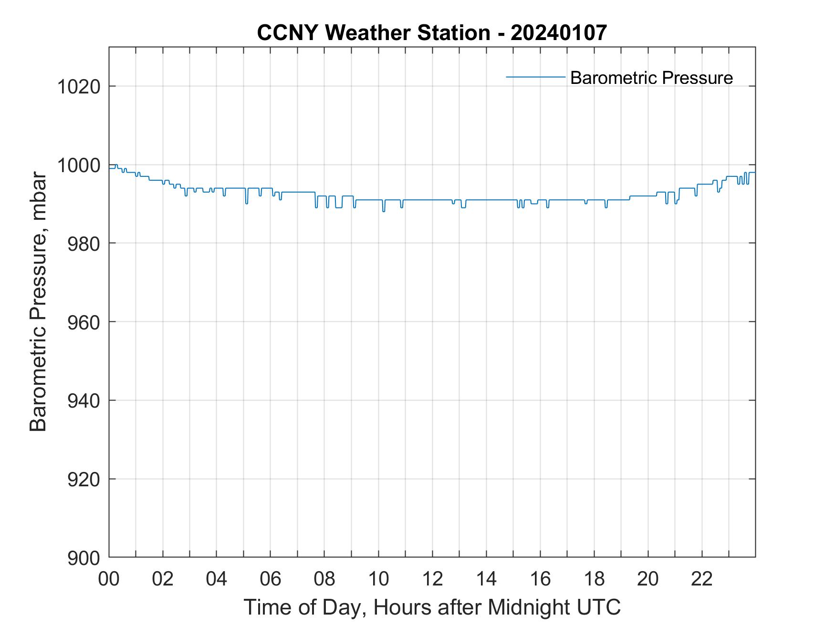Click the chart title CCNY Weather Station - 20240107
432,32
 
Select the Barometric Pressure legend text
651,78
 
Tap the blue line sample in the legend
535,76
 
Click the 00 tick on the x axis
109,579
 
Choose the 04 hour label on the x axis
217,579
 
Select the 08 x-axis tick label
324,579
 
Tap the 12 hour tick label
432,579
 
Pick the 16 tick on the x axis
540,579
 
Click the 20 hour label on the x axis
648,579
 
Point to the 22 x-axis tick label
702,579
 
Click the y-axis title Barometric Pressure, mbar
38,302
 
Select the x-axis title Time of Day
432,607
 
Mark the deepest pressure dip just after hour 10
384,211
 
